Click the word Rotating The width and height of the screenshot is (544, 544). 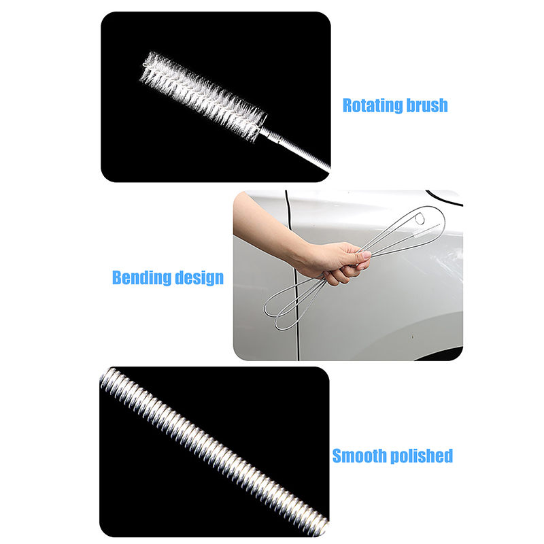pos(372,105)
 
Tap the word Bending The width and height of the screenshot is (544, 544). pos(141,278)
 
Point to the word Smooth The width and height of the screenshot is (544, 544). pos(360,456)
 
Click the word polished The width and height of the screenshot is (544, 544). pos(422,456)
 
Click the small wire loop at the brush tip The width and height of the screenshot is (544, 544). pos(146,65)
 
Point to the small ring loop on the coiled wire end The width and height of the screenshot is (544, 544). pos(420,219)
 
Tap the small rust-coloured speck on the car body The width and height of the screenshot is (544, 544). pos(412,336)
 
